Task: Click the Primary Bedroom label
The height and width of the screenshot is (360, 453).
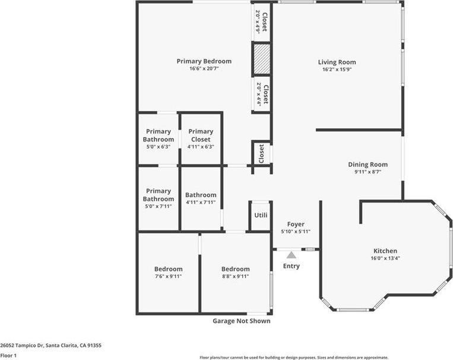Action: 204,61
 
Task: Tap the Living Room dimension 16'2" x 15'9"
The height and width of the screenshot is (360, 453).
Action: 337,70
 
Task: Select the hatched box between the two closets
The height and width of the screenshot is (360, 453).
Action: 262,58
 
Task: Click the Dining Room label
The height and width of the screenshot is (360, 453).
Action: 368,165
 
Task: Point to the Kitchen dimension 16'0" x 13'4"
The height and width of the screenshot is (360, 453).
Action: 385,258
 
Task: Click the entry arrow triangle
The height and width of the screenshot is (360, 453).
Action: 291,254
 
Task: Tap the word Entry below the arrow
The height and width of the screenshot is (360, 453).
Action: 291,266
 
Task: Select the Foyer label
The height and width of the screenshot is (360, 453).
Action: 296,224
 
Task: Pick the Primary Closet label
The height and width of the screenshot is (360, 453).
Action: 201,135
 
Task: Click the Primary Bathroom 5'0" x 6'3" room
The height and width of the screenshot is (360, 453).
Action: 158,138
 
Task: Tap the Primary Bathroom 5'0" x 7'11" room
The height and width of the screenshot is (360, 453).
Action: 158,198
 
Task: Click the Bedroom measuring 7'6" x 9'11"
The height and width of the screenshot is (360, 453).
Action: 168,272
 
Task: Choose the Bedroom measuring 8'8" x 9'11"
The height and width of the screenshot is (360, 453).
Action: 235,272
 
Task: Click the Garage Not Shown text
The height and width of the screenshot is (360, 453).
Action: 241,321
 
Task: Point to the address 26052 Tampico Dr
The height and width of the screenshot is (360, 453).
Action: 50,345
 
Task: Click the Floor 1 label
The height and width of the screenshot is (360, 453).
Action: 8,355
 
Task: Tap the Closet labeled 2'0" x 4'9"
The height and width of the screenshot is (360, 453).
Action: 262,21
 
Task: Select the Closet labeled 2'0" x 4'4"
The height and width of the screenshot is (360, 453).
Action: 262,94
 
